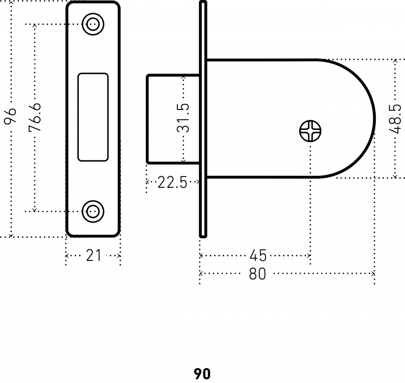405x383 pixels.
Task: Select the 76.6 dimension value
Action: point(35,118)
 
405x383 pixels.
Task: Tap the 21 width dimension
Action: point(93,255)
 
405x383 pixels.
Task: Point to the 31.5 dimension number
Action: point(183,118)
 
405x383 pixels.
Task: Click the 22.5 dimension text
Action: point(172,182)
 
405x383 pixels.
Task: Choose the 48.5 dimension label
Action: point(395,119)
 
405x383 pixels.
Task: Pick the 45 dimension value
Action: point(258,255)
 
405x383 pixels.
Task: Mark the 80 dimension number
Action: point(257,274)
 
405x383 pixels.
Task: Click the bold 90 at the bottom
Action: point(202,374)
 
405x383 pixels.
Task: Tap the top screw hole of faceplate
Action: point(93,24)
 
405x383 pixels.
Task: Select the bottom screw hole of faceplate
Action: point(93,211)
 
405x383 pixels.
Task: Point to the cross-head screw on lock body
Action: point(310,131)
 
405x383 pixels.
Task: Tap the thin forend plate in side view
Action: point(203,119)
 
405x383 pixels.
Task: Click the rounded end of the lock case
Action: point(375,119)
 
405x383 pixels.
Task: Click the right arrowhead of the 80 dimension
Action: point(373,274)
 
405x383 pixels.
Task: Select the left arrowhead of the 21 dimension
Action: point(67,256)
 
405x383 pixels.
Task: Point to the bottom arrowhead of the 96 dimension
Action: point(11,235)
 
